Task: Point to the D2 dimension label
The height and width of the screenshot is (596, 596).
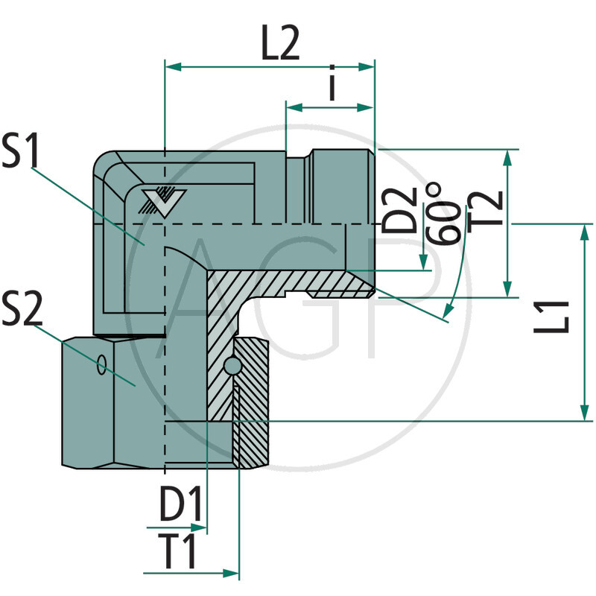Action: pos(403,209)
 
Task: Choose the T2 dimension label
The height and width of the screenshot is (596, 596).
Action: pos(484,209)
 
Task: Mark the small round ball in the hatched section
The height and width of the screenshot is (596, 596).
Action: pos(232,367)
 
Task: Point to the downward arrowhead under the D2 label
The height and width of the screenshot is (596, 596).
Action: pos(425,264)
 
